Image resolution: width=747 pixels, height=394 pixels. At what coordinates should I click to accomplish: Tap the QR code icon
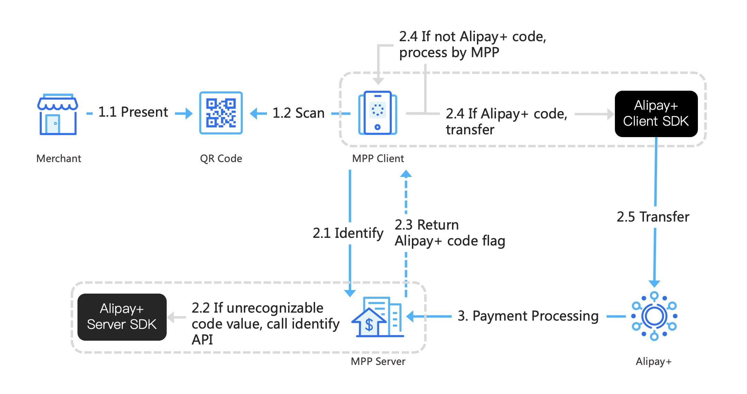221,113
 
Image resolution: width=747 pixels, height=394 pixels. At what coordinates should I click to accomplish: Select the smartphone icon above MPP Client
378,113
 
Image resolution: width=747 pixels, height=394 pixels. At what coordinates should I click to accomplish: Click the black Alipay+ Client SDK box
656,114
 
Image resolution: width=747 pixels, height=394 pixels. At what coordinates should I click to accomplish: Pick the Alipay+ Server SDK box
122,317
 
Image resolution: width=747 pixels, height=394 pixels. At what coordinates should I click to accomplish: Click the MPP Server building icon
378,317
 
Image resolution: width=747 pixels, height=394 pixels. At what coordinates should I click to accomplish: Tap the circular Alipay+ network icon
654,316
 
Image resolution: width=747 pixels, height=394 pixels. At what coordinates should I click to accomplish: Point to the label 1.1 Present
133,112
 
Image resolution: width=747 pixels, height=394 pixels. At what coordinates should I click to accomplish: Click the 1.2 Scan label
298,113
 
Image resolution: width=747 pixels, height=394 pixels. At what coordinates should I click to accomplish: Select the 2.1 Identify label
348,233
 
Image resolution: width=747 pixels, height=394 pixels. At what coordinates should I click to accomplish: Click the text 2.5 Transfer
653,217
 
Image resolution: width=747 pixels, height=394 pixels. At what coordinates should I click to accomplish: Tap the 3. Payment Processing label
528,316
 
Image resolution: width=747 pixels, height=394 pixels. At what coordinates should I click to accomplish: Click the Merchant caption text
59,159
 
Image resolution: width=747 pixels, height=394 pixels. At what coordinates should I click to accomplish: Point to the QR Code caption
221,159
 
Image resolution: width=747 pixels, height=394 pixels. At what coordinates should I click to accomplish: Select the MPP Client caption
378,159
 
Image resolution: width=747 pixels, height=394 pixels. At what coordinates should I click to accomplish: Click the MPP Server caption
378,361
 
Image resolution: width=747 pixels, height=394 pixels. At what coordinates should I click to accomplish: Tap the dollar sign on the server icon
369,325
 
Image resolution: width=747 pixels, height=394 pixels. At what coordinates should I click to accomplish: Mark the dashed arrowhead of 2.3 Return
406,174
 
